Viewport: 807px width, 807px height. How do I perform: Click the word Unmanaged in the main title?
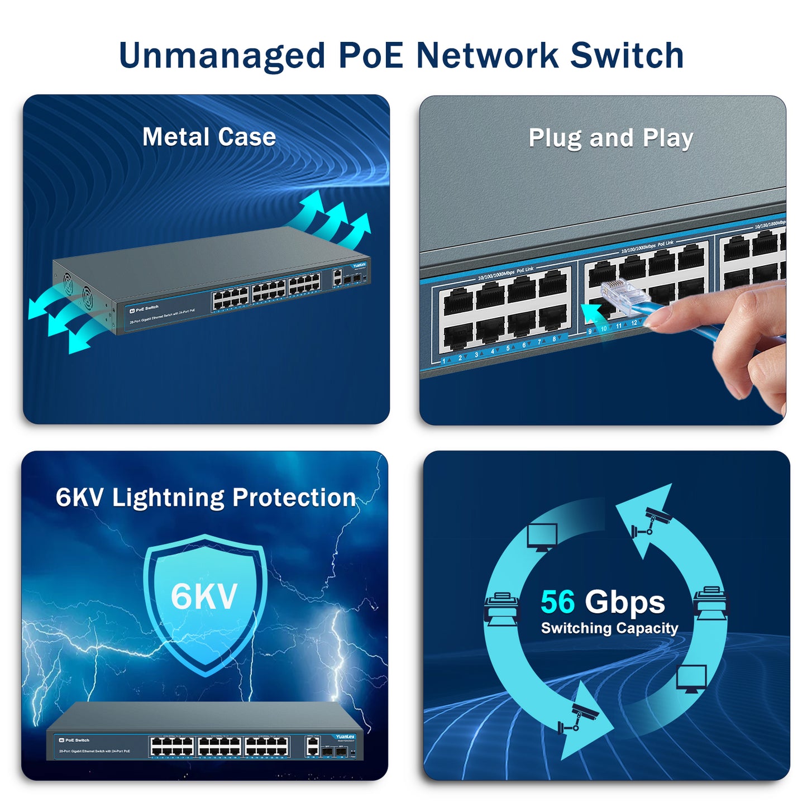tap(222, 56)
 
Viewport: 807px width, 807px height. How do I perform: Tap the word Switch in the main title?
tap(627, 56)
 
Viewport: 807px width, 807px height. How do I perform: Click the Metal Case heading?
tap(209, 137)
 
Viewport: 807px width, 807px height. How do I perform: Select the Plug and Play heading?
tap(610, 138)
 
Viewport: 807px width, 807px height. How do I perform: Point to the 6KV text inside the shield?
tap(204, 596)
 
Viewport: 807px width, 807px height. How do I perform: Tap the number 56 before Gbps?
tap(557, 602)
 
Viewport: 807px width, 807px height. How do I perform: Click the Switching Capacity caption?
tap(609, 628)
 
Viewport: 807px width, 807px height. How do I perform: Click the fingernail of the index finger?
tap(660, 318)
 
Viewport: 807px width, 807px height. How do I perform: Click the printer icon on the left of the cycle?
tap(501, 609)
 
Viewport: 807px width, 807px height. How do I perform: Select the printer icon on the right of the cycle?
tap(710, 603)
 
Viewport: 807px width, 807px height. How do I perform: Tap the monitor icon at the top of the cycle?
tap(542, 537)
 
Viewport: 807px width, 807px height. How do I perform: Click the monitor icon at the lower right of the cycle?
tap(691, 679)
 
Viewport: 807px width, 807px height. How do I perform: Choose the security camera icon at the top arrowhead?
tap(651, 522)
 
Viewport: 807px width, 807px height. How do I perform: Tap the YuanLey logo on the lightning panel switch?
tap(345, 737)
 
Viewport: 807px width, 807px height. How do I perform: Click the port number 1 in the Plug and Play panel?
tap(444, 361)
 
